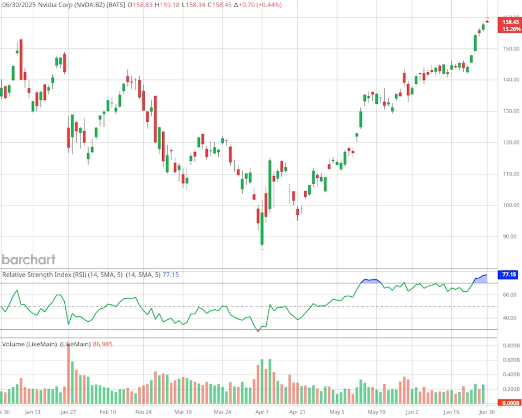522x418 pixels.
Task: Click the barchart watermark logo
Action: coord(29,259)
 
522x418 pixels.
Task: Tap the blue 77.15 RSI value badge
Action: coord(509,275)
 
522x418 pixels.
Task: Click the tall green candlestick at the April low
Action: coord(262,228)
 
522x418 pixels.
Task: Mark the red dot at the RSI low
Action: coord(258,330)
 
